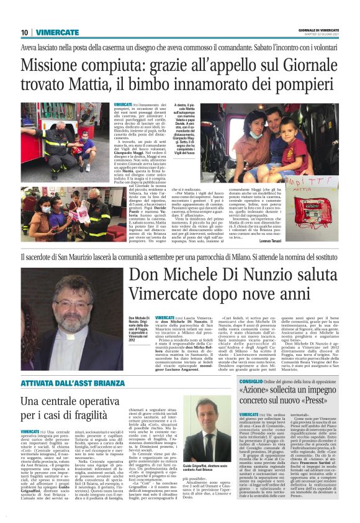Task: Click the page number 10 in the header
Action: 24,32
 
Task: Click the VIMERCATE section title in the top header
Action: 57,32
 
